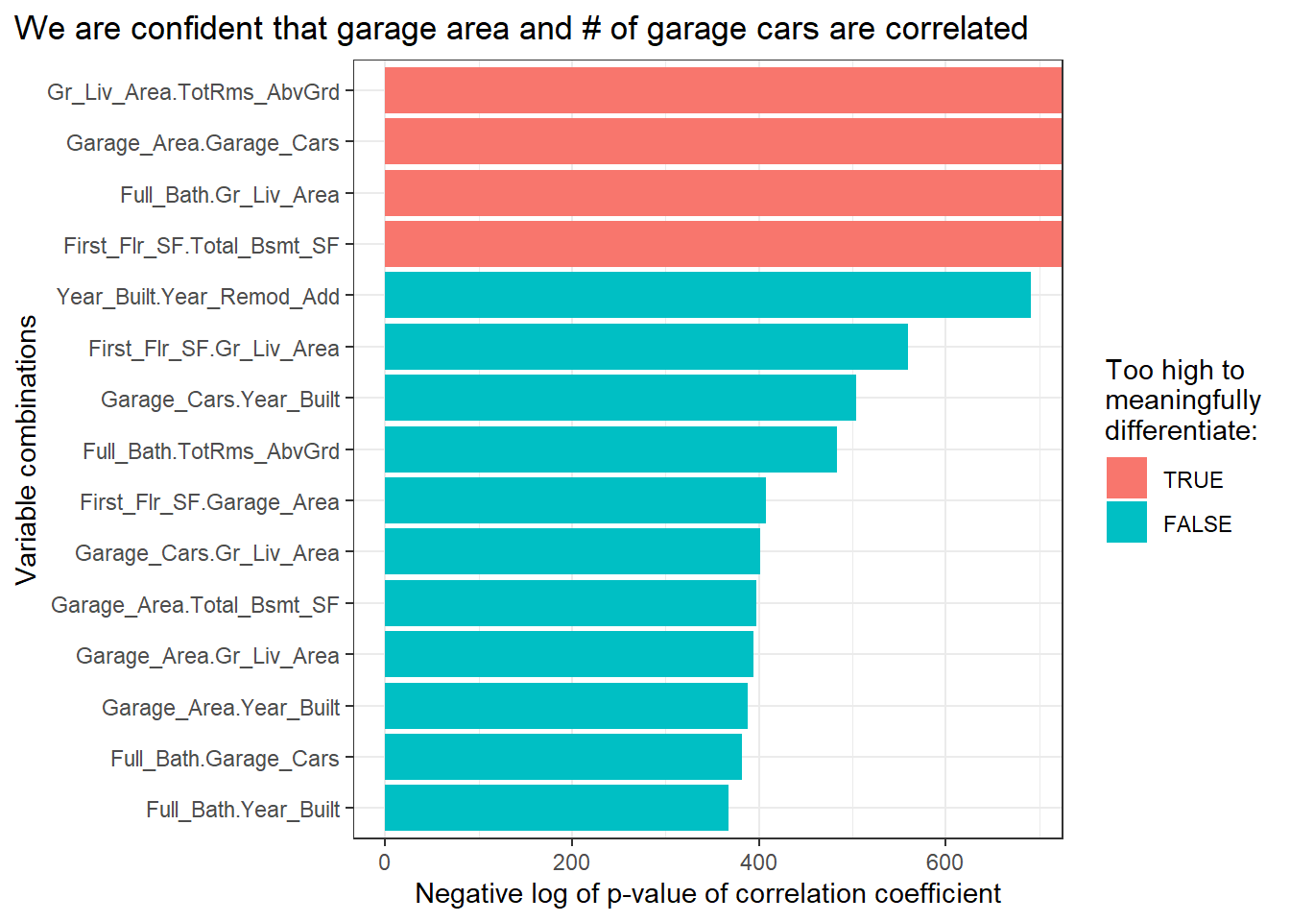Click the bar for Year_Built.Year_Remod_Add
(707, 295)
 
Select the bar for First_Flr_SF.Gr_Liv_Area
(646, 347)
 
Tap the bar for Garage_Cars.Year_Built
(620, 398)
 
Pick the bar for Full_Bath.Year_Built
(557, 808)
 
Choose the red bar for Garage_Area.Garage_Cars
(723, 142)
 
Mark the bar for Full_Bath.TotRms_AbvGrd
(610, 449)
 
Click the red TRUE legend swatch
(1126, 477)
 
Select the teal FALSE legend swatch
(1126, 522)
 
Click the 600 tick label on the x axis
(945, 861)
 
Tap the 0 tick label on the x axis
(385, 861)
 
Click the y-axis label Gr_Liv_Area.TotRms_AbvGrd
(193, 92)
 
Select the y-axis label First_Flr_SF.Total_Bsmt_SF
(202, 246)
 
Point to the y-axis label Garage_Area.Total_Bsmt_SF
(195, 605)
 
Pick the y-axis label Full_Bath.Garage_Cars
(225, 759)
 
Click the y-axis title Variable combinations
(26, 449)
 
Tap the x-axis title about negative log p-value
(707, 894)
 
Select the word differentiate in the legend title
(1181, 430)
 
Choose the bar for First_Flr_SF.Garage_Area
(575, 500)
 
